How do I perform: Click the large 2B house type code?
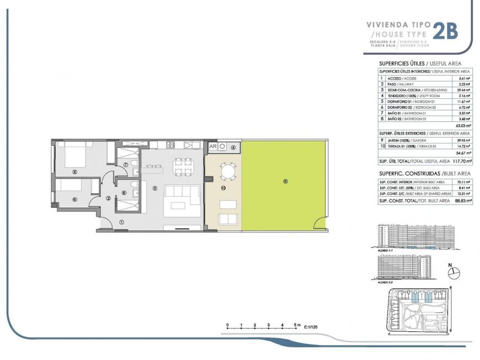445,31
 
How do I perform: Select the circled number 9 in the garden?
285,182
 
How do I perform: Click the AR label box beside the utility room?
212,147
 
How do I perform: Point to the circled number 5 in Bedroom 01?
74,171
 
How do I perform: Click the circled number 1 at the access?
121,222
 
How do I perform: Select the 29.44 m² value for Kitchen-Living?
462,89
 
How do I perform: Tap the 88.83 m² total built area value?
460,202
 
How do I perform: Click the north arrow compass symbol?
455,272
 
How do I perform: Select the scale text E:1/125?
311,327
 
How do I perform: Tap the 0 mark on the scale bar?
227,325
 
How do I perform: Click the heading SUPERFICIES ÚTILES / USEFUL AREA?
419,63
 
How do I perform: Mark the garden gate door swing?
319,223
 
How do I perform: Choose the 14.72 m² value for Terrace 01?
462,146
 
